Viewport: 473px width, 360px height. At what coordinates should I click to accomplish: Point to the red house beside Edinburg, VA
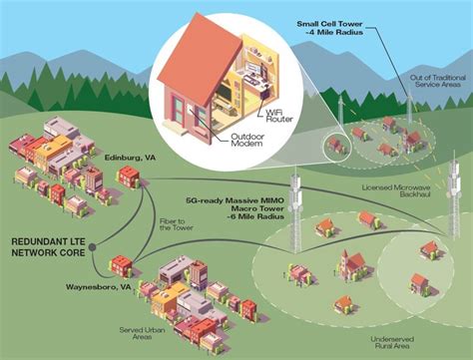point(129,178)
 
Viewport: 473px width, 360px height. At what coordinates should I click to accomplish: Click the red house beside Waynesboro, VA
point(121,265)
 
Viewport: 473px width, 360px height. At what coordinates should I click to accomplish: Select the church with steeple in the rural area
point(350,263)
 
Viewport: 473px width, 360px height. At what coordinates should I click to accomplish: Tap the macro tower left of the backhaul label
point(294,209)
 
